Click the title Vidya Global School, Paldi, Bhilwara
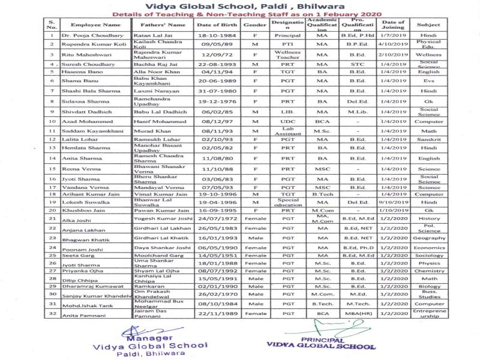tap(240, 5)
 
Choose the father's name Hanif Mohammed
tap(158, 122)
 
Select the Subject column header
tap(436, 26)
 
